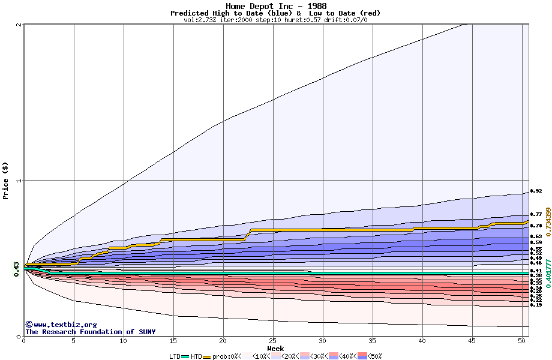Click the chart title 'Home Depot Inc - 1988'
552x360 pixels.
pyautogui.click(x=276, y=6)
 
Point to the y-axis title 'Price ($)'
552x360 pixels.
pyautogui.click(x=6, y=180)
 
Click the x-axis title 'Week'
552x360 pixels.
pyautogui.click(x=275, y=349)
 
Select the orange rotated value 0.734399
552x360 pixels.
pyautogui.click(x=547, y=223)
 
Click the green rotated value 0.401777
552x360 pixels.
pyautogui.click(x=547, y=273)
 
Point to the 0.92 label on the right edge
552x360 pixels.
pyautogui.click(x=536, y=191)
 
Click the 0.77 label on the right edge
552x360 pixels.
pyautogui.click(x=536, y=214)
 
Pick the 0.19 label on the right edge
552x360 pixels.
pyautogui.click(x=536, y=305)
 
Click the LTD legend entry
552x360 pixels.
pyautogui.click(x=175, y=356)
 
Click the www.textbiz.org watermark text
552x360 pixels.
pyautogui.click(x=61, y=325)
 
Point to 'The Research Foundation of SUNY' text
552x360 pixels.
pyautogui.click(x=90, y=332)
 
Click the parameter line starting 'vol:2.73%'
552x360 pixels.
pyautogui.click(x=275, y=20)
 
